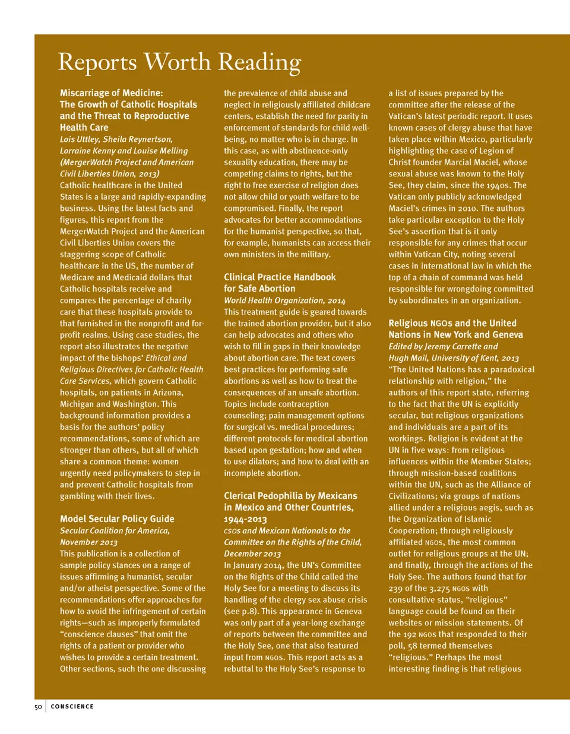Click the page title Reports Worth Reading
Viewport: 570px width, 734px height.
click(179, 62)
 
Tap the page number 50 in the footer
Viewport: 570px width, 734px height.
click(38, 707)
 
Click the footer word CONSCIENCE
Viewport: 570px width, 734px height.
click(72, 707)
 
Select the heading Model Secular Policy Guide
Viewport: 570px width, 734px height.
click(117, 519)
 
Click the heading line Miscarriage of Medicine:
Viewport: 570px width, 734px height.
click(111, 93)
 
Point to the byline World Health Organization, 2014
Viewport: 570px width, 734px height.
click(284, 300)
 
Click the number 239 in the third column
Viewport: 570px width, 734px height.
click(395, 589)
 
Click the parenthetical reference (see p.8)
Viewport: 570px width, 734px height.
click(242, 612)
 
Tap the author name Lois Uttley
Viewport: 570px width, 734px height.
click(78, 140)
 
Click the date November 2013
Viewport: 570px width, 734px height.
click(88, 542)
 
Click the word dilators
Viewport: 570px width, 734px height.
click(256, 461)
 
